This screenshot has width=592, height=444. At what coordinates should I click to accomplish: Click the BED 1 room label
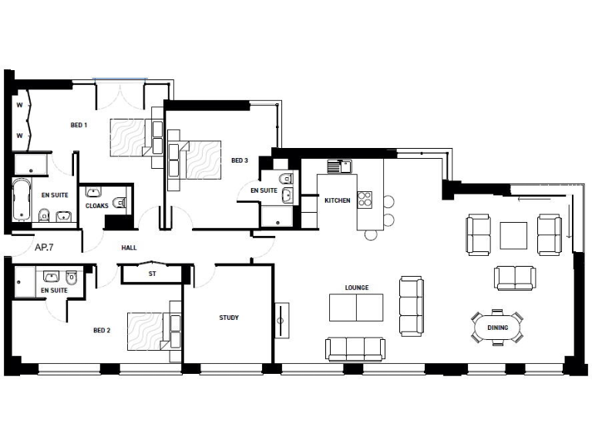point(79,125)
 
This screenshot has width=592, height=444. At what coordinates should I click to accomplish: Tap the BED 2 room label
point(102,331)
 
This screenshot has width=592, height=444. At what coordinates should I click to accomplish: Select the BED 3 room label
point(240,160)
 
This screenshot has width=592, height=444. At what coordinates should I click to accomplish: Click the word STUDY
point(229,318)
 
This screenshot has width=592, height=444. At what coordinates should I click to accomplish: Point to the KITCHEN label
point(337,200)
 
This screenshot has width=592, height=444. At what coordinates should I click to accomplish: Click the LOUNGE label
point(357,288)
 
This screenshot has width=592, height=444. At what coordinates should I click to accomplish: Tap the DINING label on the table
point(497,328)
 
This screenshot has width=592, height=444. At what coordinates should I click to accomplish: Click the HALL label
point(129,248)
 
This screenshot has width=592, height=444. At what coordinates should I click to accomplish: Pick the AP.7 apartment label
point(44,247)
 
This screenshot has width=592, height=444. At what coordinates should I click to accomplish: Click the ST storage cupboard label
point(152,273)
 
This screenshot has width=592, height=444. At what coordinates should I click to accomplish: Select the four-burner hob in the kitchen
point(365,199)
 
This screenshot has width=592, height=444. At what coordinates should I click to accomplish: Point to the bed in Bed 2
point(150,331)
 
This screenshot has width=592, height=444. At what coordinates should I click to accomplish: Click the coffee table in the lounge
point(356,308)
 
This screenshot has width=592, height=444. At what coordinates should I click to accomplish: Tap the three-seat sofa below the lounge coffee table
point(355,348)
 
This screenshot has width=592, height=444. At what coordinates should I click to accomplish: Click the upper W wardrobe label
point(19,105)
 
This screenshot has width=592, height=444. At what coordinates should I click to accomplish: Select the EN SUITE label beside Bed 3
point(264,190)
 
